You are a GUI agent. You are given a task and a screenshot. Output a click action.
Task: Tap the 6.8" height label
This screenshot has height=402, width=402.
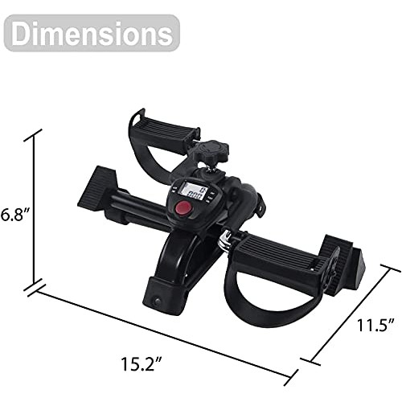click(15, 215)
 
